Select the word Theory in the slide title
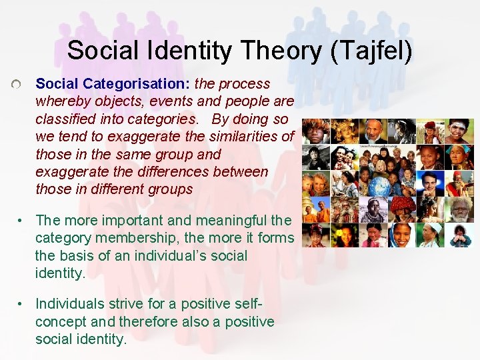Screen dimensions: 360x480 tap(276, 51)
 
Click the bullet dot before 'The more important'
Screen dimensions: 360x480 tap(22, 221)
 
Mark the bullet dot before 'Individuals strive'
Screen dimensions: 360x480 tap(22, 304)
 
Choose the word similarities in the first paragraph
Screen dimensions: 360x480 tap(245, 137)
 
